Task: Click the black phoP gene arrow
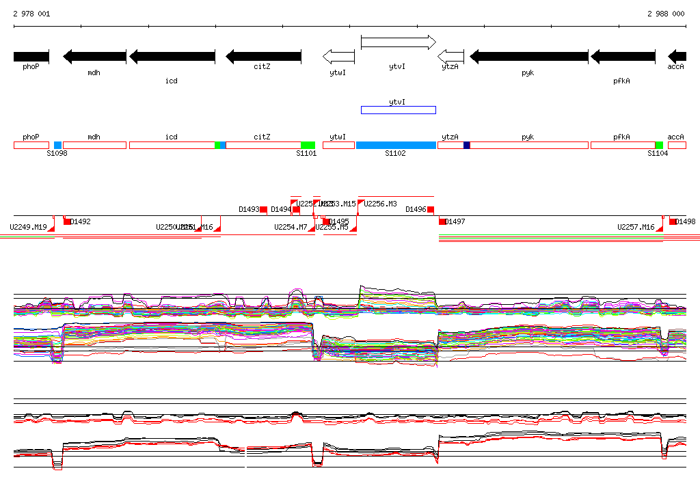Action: (x=31, y=56)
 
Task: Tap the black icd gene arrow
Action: (x=172, y=56)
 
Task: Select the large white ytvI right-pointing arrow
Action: (x=398, y=42)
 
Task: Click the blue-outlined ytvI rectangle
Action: (x=398, y=110)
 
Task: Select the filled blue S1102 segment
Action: (x=396, y=146)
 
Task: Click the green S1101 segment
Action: (x=308, y=146)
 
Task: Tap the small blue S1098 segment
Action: (x=57, y=146)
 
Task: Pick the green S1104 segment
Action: (x=659, y=146)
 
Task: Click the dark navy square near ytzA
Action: (x=467, y=145)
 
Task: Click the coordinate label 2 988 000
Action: (x=665, y=14)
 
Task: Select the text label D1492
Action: (x=81, y=221)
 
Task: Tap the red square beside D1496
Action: (x=431, y=209)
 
